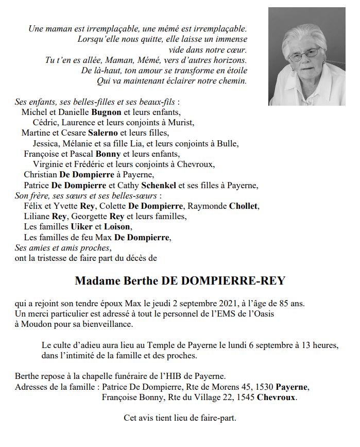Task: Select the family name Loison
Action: [x=118, y=227]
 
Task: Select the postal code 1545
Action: [x=244, y=398]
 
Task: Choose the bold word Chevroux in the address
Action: [x=277, y=398]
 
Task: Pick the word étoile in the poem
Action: [x=236, y=70]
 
